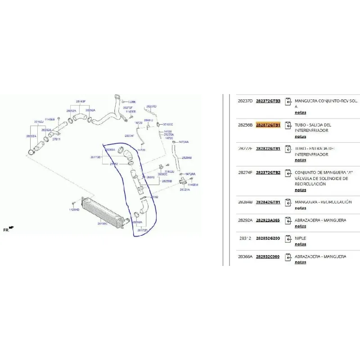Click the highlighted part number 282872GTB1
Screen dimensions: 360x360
click(268, 125)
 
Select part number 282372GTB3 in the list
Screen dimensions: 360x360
click(268, 101)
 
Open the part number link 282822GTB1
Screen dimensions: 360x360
click(268, 148)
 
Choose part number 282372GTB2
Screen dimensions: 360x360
click(268, 172)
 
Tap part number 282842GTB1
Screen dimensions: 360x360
click(268, 202)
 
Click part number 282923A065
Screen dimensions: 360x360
click(268, 220)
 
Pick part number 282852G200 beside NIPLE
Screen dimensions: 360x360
click(268, 238)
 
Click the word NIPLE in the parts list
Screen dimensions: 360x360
click(301, 238)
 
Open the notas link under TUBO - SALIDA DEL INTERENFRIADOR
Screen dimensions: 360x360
click(300, 136)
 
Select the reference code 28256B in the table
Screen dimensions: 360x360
click(245, 125)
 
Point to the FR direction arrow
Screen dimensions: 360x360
click(11, 229)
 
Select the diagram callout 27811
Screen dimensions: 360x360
click(56, 139)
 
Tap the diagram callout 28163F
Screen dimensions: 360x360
click(81, 102)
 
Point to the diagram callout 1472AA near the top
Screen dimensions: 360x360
click(184, 142)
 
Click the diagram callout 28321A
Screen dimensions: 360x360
click(185, 190)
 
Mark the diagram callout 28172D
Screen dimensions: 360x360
click(142, 230)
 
